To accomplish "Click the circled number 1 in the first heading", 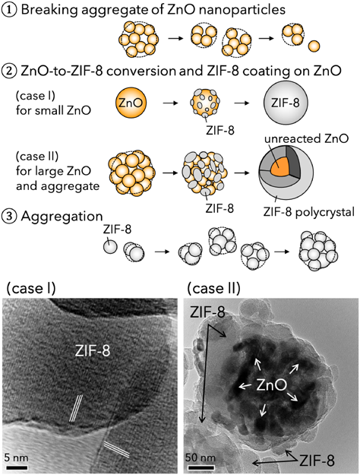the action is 9,10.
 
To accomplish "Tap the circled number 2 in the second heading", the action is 9,71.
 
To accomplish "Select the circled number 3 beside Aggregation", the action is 9,217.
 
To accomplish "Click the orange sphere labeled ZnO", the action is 131,103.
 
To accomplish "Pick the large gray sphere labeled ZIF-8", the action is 286,103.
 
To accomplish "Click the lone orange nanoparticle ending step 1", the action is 314,46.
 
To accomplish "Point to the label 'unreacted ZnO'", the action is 306,139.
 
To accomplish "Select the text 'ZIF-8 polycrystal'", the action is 308,212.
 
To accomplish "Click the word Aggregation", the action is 62,217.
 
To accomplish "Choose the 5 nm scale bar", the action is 17,467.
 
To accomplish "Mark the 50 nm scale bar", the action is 201,467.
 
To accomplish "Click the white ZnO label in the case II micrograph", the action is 271,385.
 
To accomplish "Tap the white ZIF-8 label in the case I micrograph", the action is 93,351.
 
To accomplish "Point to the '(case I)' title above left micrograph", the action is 31,288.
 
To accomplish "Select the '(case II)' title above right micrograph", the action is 213,288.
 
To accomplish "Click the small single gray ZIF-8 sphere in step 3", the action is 110,246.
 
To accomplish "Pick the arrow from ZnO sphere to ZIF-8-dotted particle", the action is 171,103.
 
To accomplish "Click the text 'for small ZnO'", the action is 53,110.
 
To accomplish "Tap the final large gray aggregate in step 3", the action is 318,251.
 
